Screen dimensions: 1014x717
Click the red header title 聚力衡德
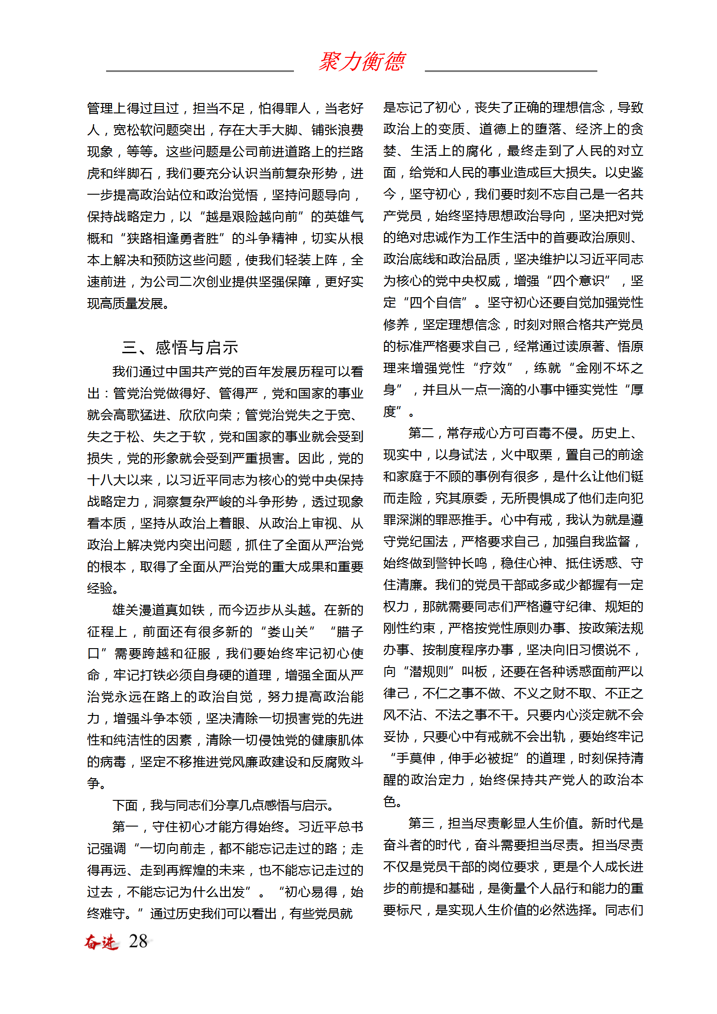[362, 62]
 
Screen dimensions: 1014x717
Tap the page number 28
[138, 941]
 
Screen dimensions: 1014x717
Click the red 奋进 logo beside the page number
[102, 942]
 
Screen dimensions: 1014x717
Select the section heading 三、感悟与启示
[180, 347]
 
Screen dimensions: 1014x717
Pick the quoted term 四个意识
[578, 281]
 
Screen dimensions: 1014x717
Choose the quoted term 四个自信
[435, 303]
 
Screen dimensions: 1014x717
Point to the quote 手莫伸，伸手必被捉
[455, 758]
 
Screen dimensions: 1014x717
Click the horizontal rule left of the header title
[200, 71]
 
